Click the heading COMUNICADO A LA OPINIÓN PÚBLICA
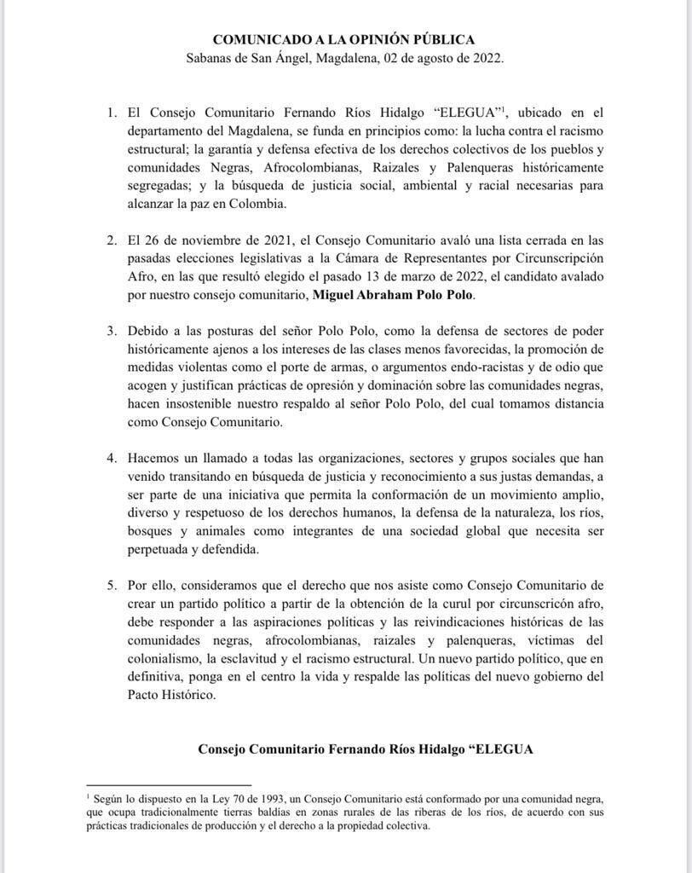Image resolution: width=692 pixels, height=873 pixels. (x=343, y=39)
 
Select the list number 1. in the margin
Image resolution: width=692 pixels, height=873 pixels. (x=112, y=113)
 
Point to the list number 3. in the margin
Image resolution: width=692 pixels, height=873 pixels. (x=112, y=330)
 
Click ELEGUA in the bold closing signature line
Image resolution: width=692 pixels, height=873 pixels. (x=503, y=749)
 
